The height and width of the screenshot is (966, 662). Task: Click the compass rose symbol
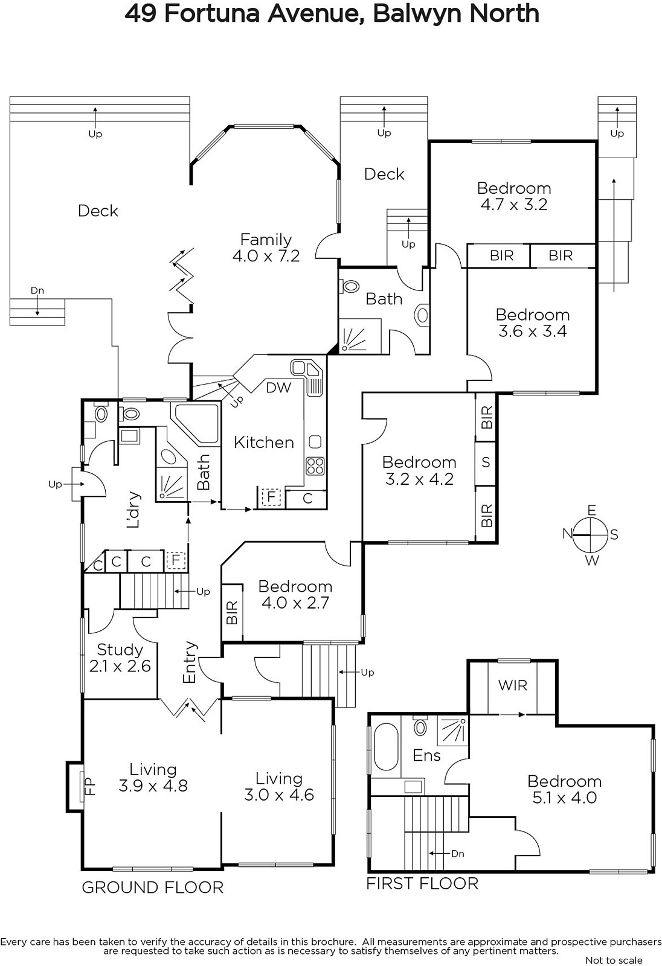click(591, 535)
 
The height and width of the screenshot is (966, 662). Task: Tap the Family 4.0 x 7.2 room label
click(266, 248)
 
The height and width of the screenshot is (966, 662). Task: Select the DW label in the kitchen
click(278, 388)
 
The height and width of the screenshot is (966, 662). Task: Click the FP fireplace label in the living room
click(89, 785)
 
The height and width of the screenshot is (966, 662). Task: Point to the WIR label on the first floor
click(513, 685)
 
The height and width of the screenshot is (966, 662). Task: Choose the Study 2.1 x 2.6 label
click(120, 657)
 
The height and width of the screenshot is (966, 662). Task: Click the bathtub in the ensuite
click(385, 746)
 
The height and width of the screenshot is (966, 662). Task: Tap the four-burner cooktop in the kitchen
click(315, 465)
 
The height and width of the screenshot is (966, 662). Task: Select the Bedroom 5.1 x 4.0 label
click(565, 789)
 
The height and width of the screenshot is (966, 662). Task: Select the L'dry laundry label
click(133, 510)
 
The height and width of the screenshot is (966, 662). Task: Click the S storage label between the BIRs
click(486, 462)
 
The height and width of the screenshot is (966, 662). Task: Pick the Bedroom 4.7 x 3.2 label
click(514, 196)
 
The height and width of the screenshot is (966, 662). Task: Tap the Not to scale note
click(614, 961)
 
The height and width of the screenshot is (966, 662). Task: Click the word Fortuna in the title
click(212, 14)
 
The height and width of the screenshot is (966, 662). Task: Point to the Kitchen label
click(264, 443)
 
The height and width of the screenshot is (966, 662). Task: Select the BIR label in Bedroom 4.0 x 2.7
click(232, 612)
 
